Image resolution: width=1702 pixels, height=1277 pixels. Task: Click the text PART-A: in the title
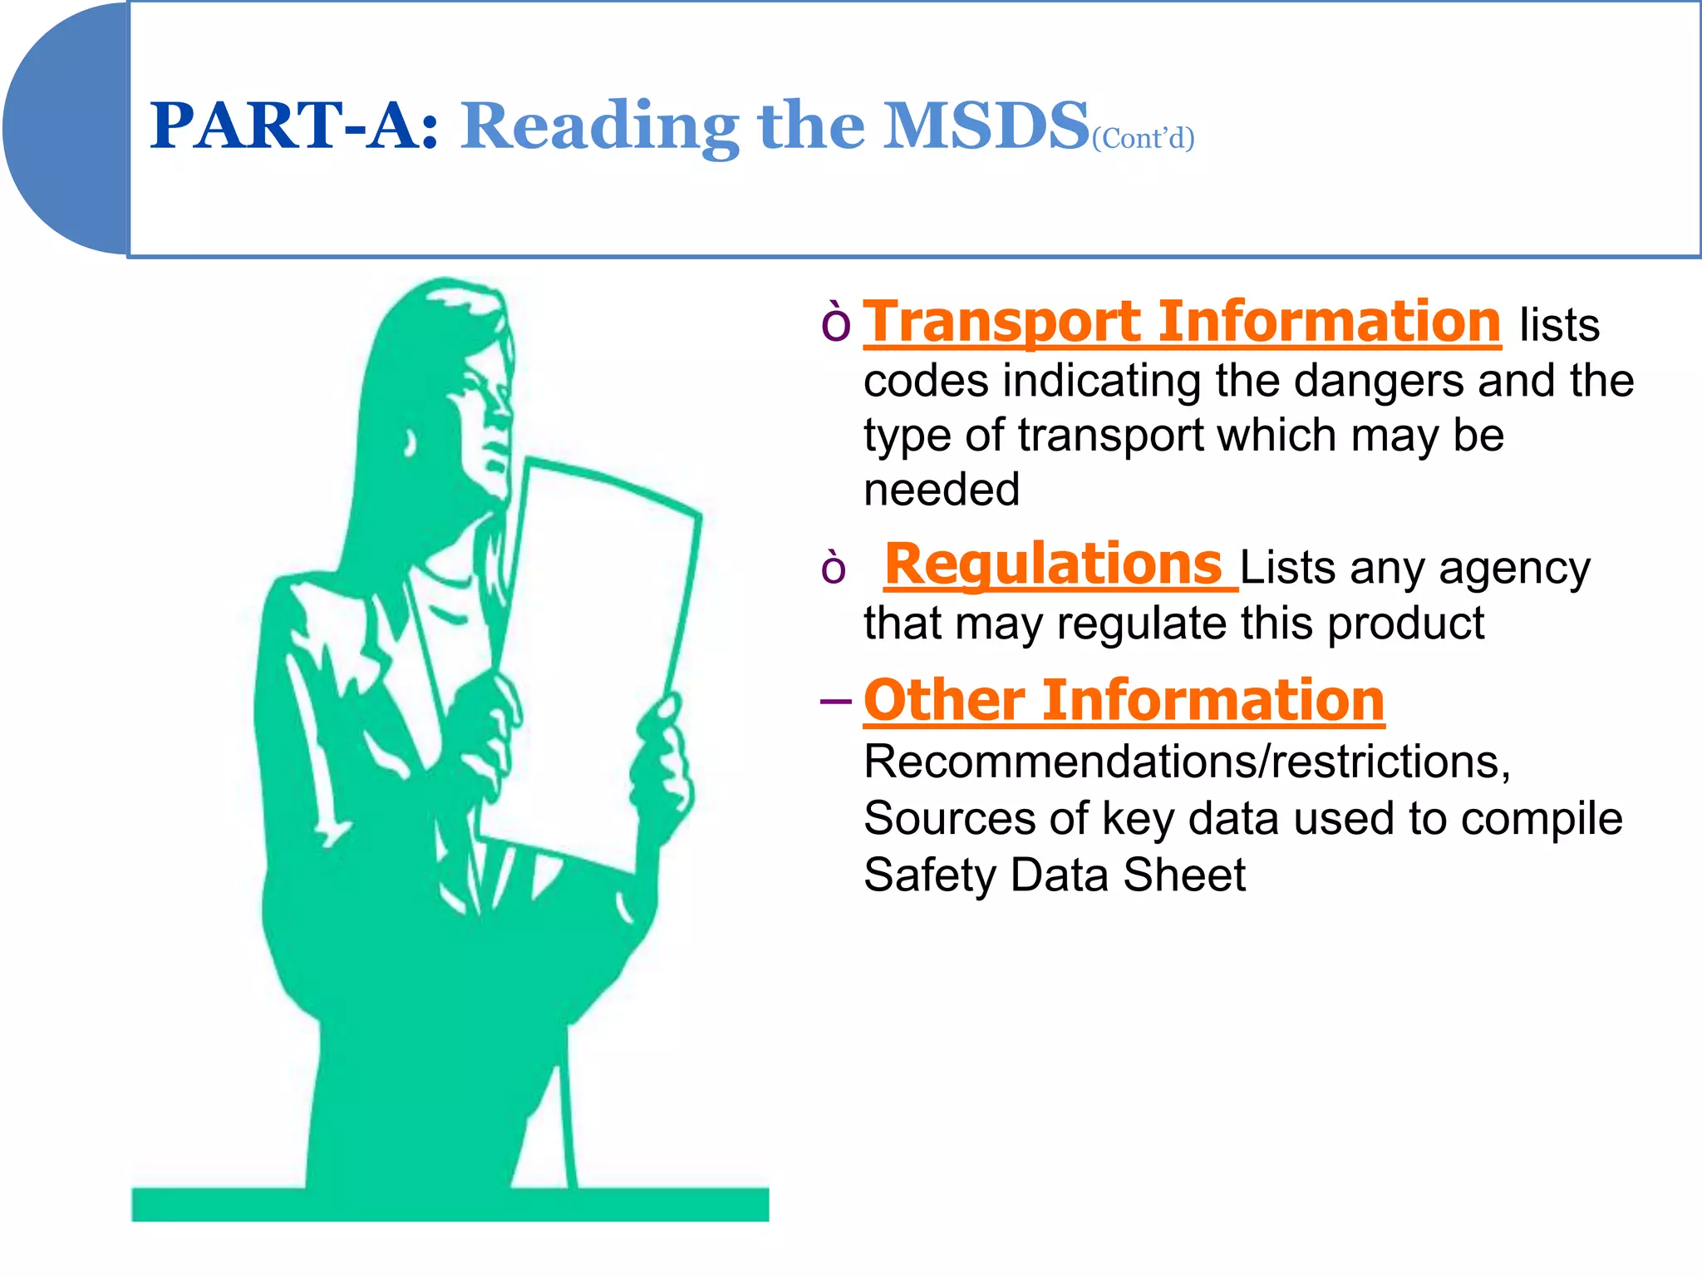[x=293, y=126]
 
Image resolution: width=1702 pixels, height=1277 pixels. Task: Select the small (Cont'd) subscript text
[x=1143, y=138]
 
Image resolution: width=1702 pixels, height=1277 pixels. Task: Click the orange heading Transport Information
[x=1182, y=323]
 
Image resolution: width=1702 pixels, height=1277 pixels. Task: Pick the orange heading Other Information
[x=1124, y=701]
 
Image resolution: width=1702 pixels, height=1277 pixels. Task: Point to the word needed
[x=942, y=490]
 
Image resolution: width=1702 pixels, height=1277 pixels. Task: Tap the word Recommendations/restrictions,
[x=1187, y=762]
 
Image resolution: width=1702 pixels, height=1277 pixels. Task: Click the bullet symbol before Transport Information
[x=835, y=323]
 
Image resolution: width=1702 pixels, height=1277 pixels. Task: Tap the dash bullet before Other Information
[x=835, y=702]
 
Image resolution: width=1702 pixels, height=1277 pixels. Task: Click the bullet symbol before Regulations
[x=834, y=569]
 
